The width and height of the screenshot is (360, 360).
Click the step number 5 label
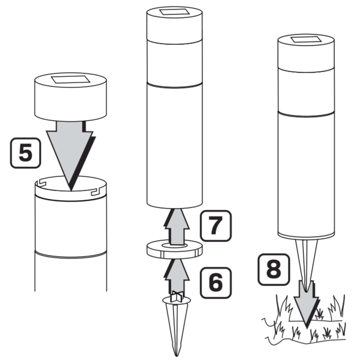pos(25,153)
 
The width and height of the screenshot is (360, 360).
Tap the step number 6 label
pos(216,283)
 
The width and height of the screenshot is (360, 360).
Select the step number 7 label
pos(216,226)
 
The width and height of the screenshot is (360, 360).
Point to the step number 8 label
pos(274,270)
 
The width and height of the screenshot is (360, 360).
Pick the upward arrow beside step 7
pos(177,226)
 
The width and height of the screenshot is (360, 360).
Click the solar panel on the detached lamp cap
pos(71,80)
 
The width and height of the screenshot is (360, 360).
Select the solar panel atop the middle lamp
pos(174,12)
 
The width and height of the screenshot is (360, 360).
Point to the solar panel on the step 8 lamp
pos(306,39)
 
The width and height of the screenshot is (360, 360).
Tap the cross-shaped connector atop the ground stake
pos(177,297)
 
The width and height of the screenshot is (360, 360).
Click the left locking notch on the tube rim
pos(41,183)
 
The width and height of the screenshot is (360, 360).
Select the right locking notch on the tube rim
pos(96,192)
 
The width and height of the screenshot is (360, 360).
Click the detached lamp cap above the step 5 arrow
pos(71,97)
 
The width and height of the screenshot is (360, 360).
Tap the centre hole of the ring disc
pos(175,246)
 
